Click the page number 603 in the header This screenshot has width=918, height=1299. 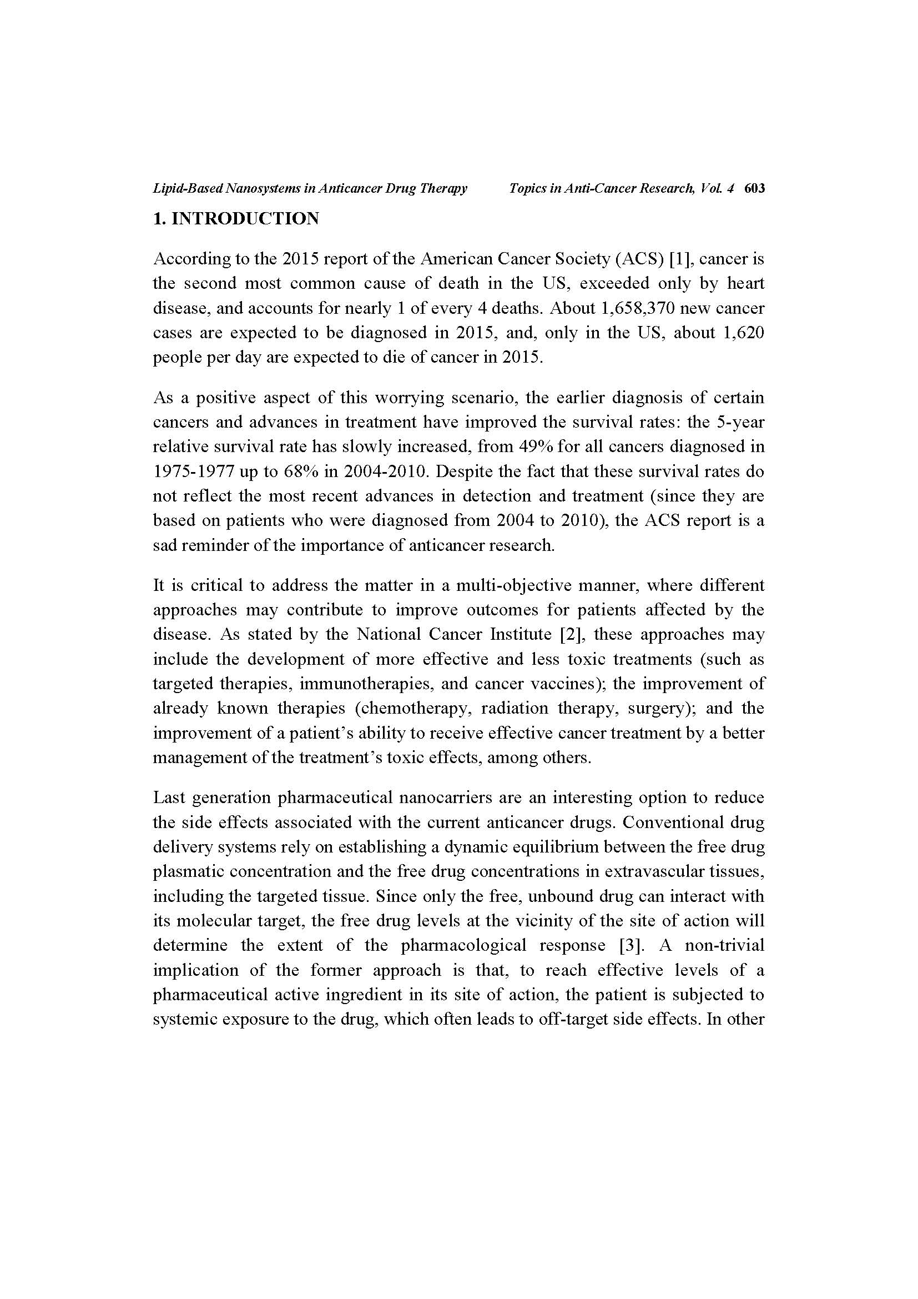[755, 189]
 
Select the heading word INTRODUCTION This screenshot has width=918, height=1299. [245, 218]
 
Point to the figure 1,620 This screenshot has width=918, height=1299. [743, 333]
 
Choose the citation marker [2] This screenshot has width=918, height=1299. [567, 634]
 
